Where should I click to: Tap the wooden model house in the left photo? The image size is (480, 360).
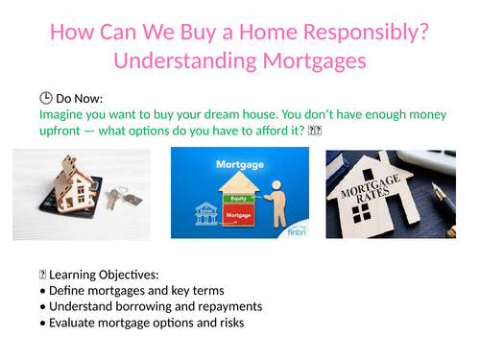pos(78,186)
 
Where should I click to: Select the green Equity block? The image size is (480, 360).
pos(239,199)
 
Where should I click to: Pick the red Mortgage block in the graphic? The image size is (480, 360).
pos(239,216)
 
